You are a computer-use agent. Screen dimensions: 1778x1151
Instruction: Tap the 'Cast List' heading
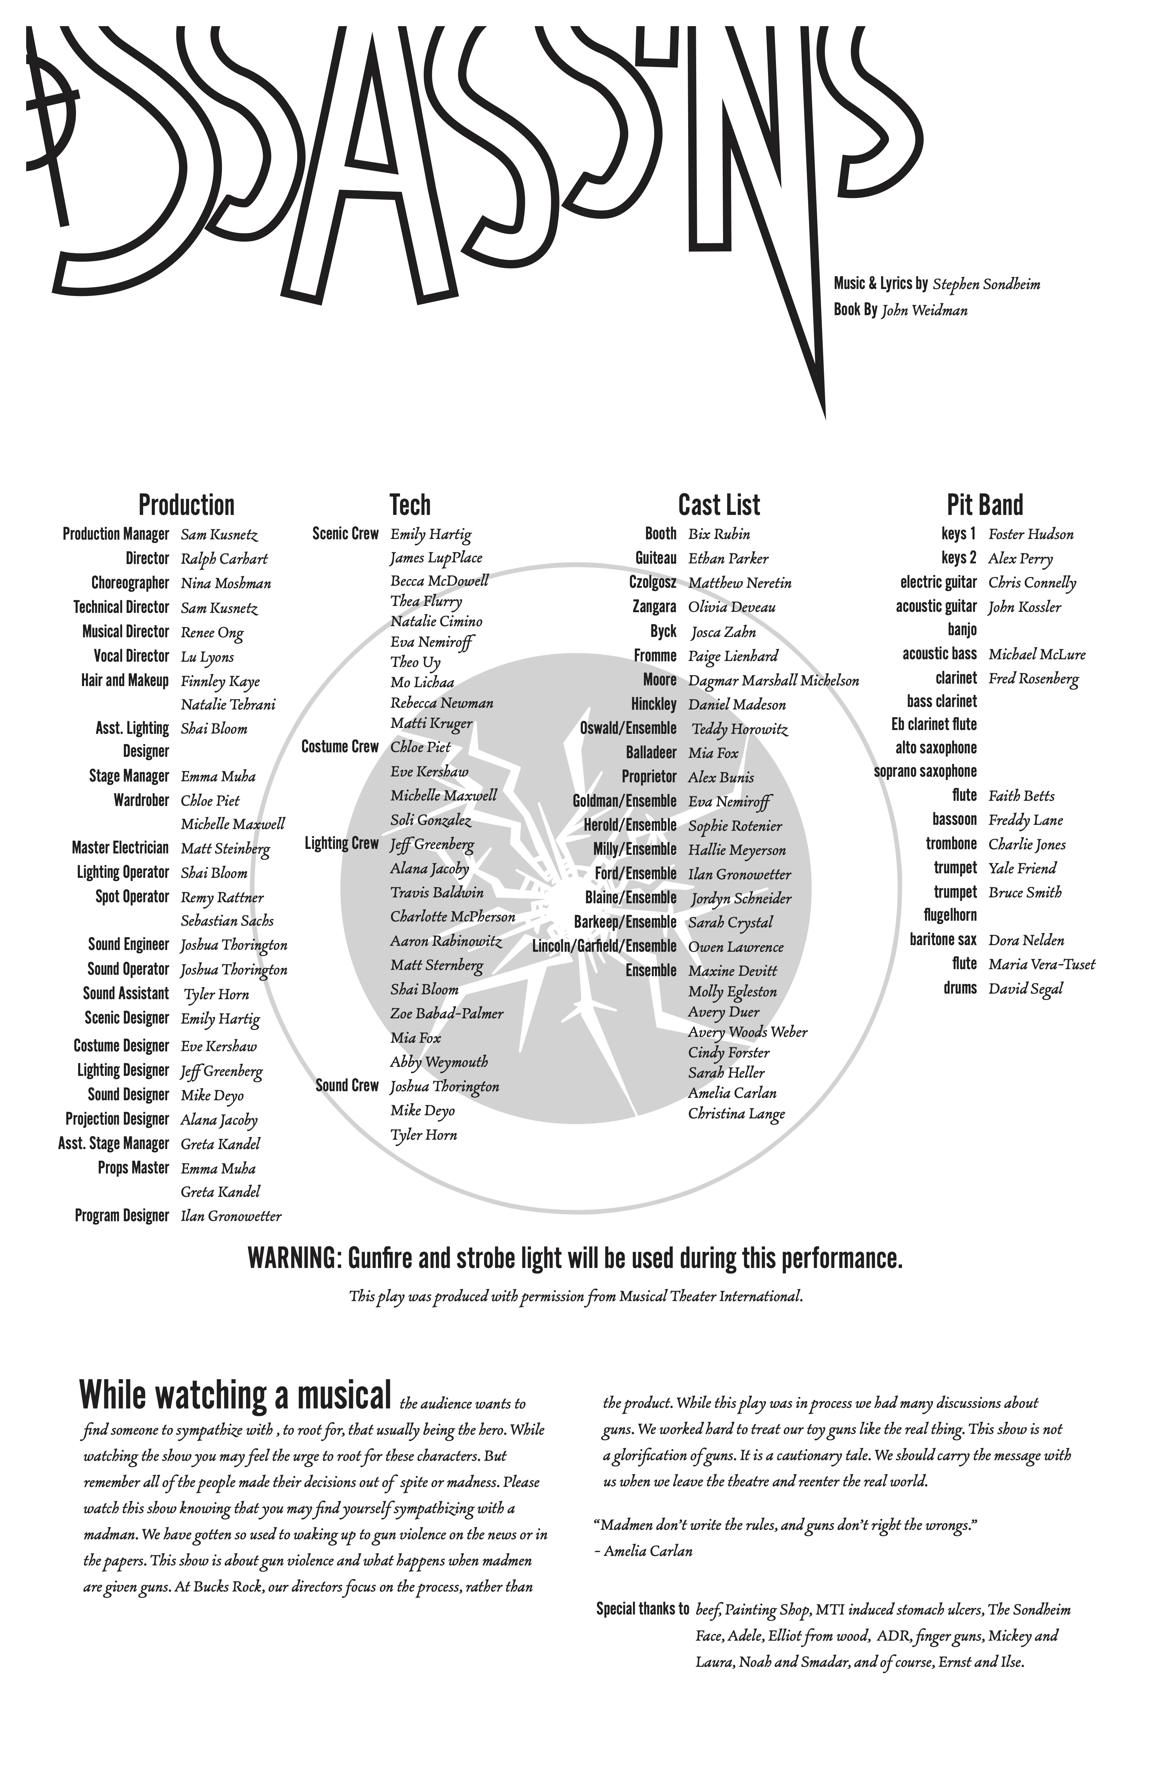(x=719, y=506)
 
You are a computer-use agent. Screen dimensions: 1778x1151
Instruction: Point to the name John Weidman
(x=925, y=311)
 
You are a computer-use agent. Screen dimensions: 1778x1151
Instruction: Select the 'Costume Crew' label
(x=340, y=747)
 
